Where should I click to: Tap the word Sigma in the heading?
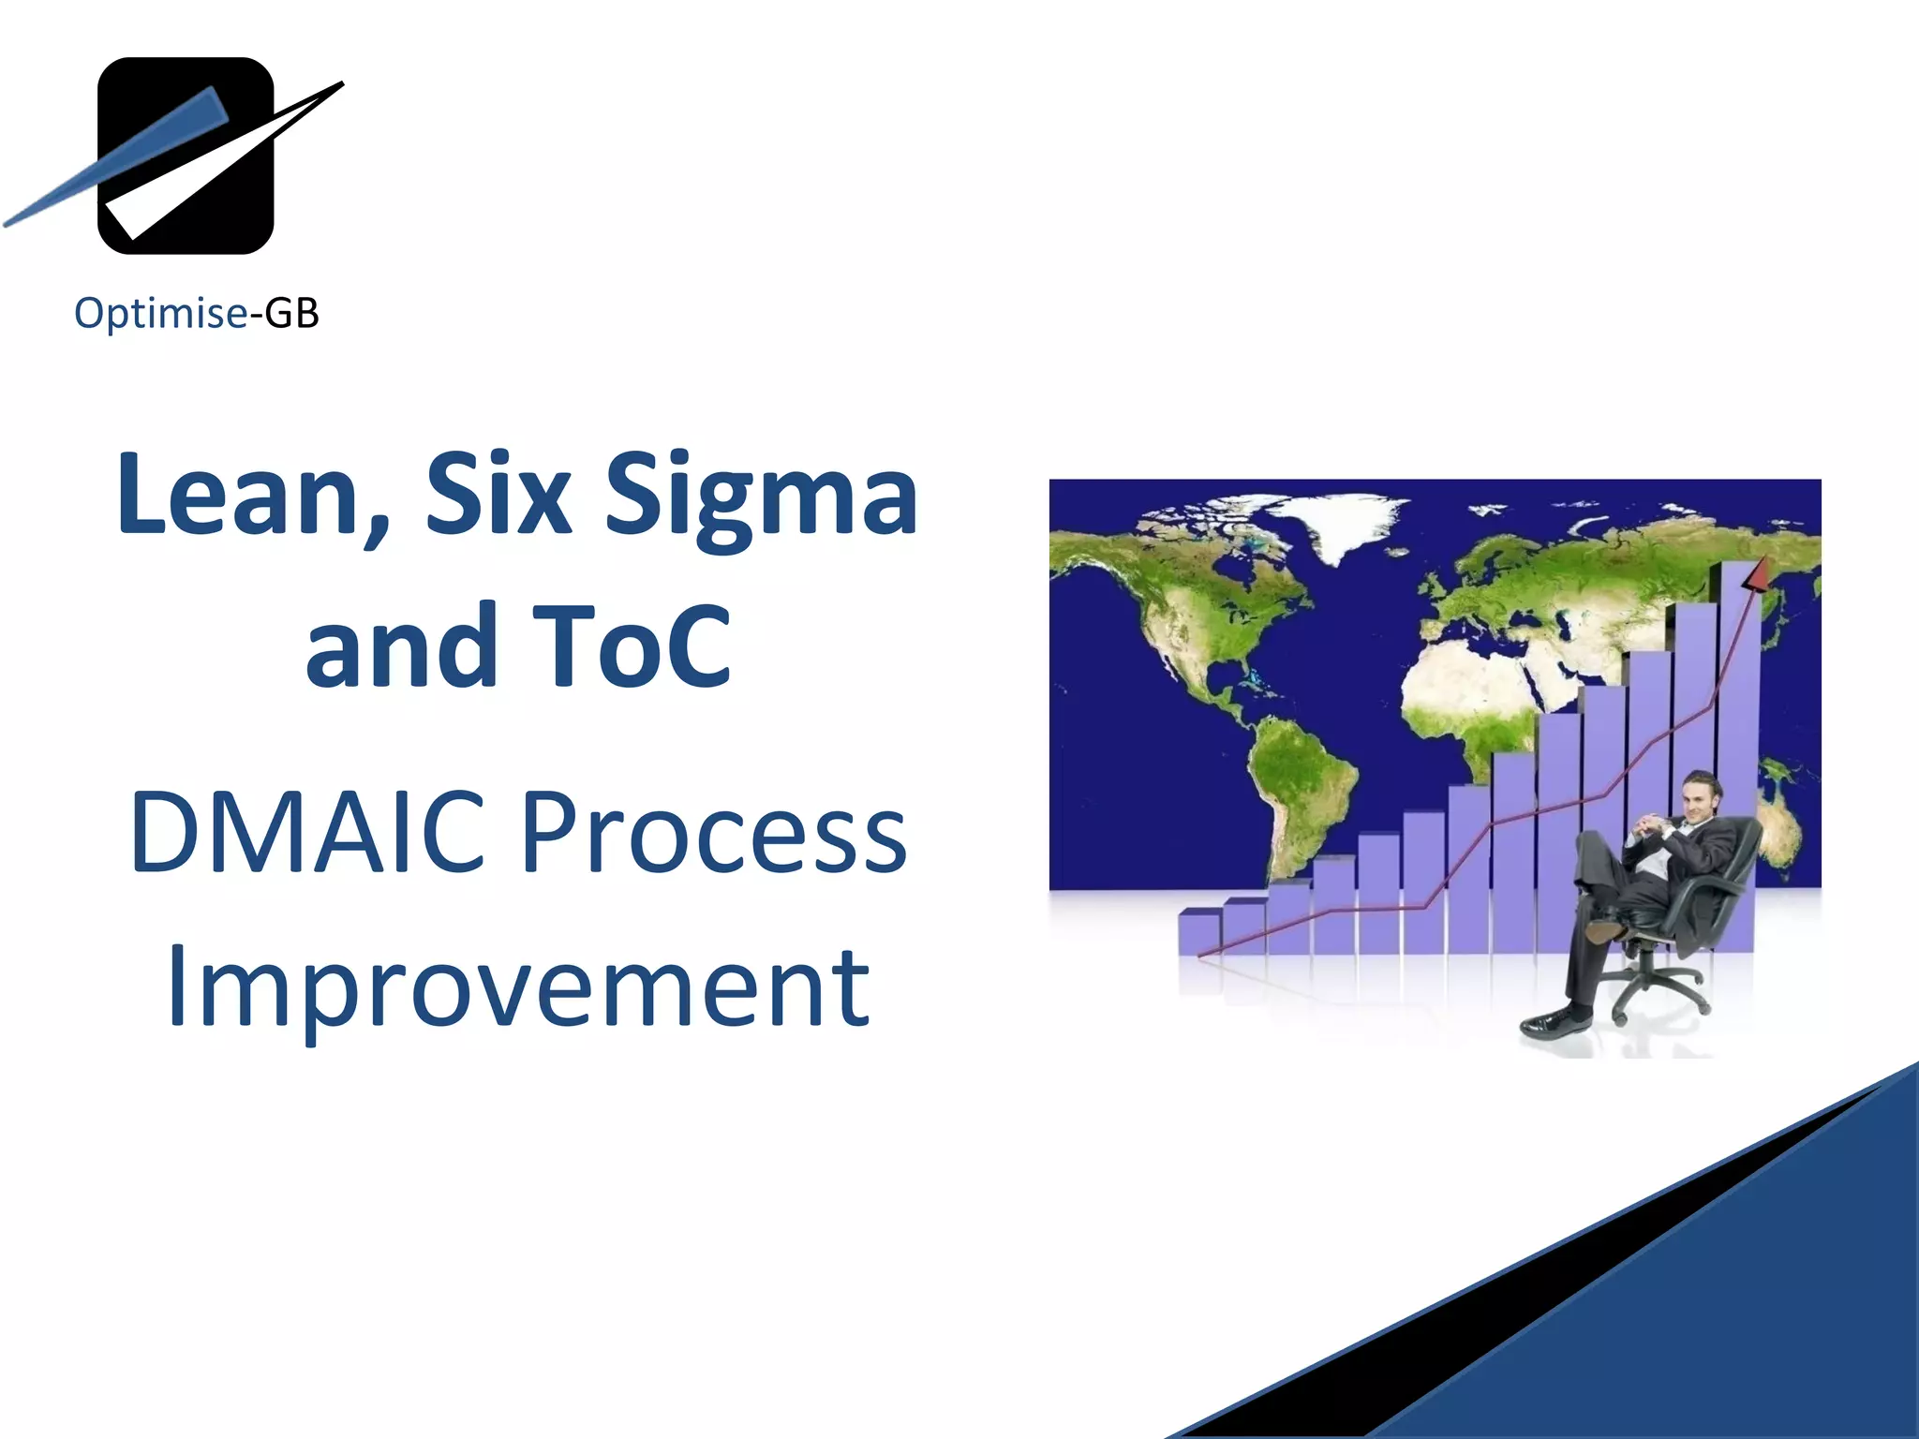pos(761,497)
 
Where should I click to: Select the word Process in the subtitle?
pos(713,832)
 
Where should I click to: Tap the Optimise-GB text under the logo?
pos(197,313)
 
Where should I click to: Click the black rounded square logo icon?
pos(186,156)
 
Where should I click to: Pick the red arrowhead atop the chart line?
pos(1754,573)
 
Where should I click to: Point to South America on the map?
pos(1302,787)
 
